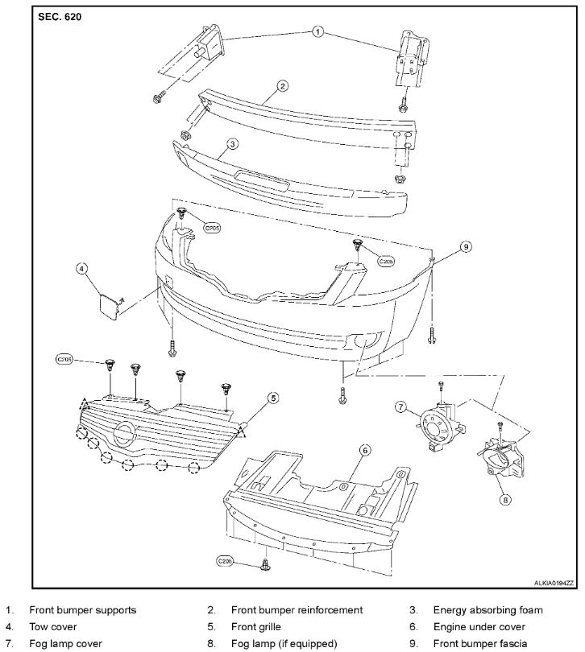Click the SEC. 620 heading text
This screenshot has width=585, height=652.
60,16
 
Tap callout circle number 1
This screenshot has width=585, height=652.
317,33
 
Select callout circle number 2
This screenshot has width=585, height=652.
282,86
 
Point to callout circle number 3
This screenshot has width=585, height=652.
231,145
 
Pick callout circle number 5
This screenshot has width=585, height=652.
273,398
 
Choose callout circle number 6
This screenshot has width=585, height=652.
364,451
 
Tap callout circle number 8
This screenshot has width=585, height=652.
505,499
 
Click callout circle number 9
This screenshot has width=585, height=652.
465,247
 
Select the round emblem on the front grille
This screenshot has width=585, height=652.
124,435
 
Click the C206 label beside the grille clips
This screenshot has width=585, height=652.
65,360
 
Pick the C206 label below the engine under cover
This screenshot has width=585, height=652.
225,559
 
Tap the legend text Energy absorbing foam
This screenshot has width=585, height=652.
487,609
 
